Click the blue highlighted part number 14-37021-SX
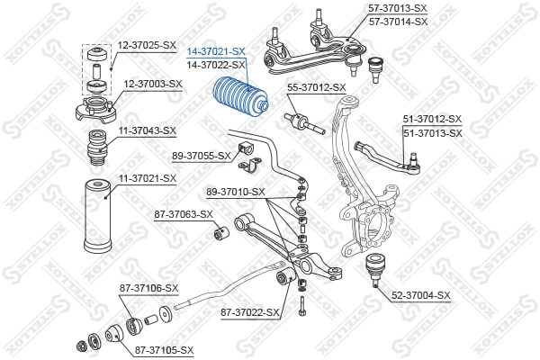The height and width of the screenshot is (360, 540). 215,53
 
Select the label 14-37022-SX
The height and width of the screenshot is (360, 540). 215,66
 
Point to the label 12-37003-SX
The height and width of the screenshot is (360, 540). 152,84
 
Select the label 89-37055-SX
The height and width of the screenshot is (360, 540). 201,156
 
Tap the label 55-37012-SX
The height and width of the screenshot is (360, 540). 316,87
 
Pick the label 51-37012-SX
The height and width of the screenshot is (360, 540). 432,120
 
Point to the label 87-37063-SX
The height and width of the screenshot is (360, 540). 184,214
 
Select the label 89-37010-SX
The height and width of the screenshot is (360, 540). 235,192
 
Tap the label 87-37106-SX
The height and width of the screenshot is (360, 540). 149,288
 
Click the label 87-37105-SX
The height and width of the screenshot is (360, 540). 166,349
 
